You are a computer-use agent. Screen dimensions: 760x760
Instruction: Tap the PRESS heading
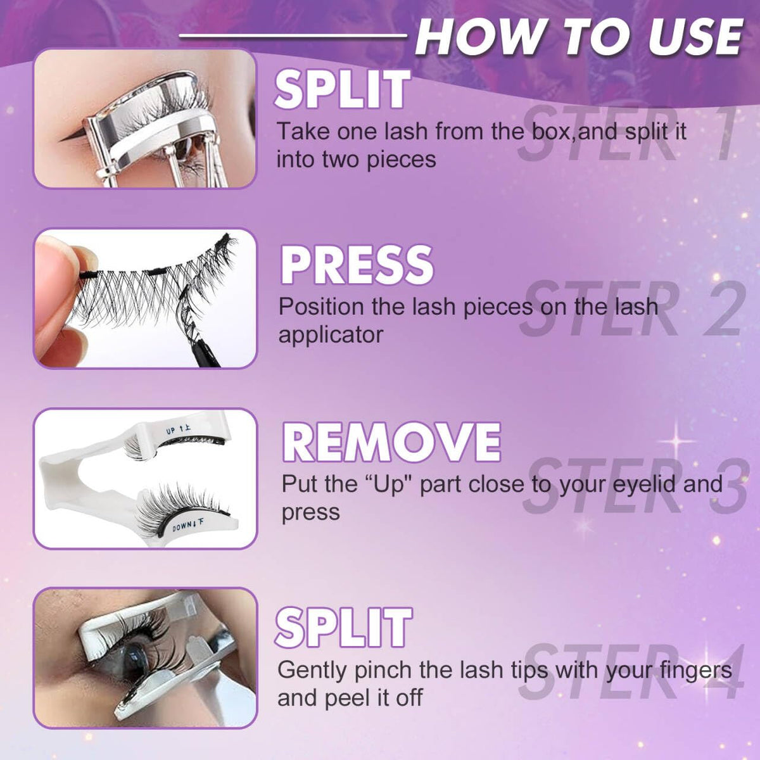[357, 265]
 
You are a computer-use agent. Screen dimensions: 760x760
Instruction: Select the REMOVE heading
[391, 441]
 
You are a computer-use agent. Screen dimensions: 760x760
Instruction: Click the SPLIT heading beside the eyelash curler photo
[343, 89]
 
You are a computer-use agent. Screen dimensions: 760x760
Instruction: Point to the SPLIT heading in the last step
[343, 628]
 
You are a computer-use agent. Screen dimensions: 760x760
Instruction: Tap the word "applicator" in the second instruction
[331, 335]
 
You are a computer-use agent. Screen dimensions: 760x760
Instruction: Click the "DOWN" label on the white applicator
[181, 525]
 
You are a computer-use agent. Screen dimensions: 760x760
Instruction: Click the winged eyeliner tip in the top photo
[60, 139]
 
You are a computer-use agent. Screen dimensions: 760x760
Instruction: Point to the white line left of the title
[293, 36]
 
